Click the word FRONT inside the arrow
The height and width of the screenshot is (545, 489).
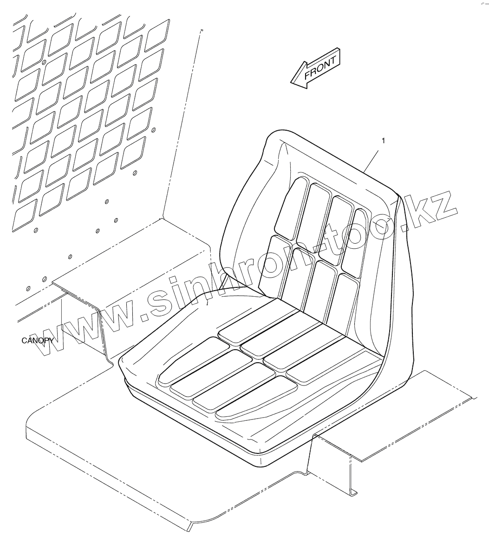pyautogui.click(x=319, y=70)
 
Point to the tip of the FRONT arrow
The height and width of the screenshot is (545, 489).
pyautogui.click(x=292, y=83)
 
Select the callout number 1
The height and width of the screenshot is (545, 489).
pyautogui.click(x=383, y=140)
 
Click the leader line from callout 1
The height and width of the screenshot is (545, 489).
pyautogui.click(x=372, y=158)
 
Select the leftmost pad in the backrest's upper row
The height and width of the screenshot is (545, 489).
pyautogui.click(x=289, y=207)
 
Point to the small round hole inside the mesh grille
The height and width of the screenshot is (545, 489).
pyautogui.click(x=44, y=62)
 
